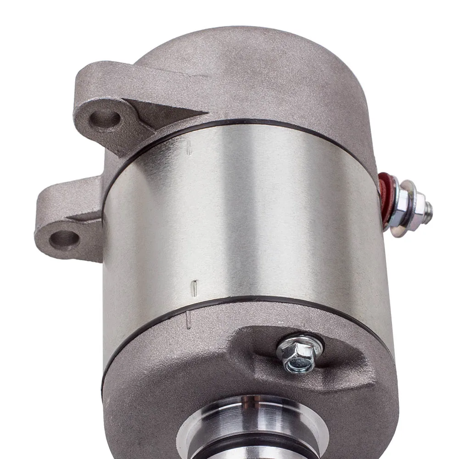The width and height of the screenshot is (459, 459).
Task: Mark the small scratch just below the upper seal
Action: click(x=189, y=148)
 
